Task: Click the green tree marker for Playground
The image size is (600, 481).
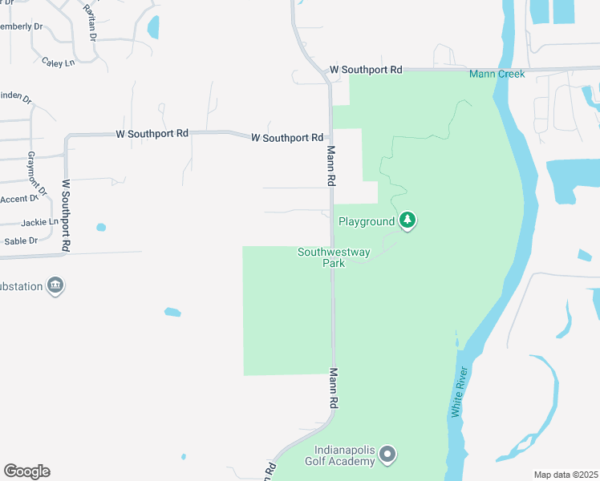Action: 407,220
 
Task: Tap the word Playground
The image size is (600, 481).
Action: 367,221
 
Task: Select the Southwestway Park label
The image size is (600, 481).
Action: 334,257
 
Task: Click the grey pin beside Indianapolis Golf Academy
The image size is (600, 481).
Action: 387,455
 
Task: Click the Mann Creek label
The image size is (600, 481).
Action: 497,74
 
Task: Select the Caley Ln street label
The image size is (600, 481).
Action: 58,62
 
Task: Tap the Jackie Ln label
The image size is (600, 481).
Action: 40,221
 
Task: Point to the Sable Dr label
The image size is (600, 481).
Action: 21,240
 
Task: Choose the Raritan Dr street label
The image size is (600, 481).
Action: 91,22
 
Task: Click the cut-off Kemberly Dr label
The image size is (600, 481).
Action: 21,26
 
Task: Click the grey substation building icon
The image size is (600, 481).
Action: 55,285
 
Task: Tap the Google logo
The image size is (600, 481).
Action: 26,471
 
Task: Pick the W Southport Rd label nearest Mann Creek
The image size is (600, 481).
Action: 366,71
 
